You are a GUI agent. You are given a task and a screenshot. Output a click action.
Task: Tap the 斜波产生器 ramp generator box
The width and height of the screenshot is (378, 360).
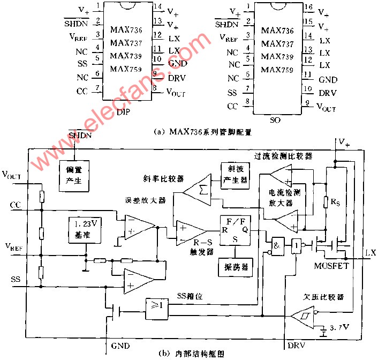[234, 175]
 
